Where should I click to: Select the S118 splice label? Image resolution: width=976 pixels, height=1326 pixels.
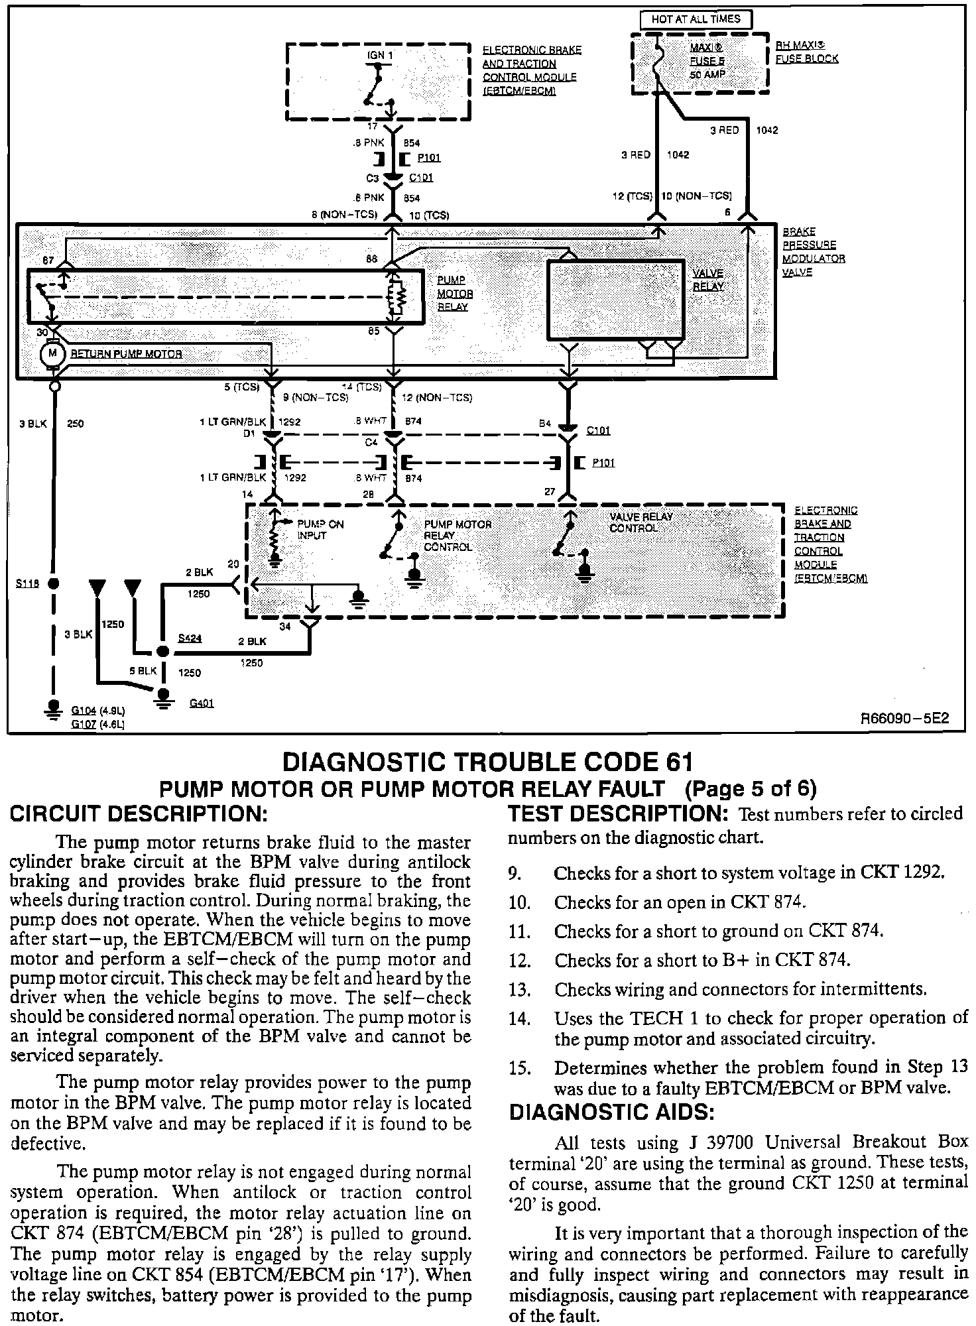pyautogui.click(x=27, y=583)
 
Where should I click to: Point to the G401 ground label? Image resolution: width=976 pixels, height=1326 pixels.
pyautogui.click(x=202, y=703)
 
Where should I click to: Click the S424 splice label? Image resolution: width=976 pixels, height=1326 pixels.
pyautogui.click(x=190, y=638)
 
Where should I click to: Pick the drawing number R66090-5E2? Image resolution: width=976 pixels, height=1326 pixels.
pyautogui.click(x=904, y=719)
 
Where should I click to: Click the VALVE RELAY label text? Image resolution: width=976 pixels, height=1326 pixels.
pyautogui.click(x=708, y=280)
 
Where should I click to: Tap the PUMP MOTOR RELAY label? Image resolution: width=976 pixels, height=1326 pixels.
pyautogui.click(x=455, y=294)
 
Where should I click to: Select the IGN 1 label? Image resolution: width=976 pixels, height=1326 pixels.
pyautogui.click(x=380, y=55)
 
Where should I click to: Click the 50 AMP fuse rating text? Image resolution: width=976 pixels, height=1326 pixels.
pyautogui.click(x=707, y=74)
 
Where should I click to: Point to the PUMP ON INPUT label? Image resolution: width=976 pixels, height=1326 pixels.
pyautogui.click(x=320, y=530)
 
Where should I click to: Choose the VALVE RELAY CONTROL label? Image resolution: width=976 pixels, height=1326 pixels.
pyautogui.click(x=640, y=522)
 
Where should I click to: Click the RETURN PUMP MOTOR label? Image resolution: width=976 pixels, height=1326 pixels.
pyautogui.click(x=126, y=354)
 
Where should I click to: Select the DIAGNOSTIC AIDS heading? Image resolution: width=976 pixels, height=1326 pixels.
pyautogui.click(x=611, y=1112)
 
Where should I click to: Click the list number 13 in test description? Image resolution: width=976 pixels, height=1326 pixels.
pyautogui.click(x=521, y=990)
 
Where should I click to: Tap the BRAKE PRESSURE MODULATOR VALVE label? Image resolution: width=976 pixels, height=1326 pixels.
pyautogui.click(x=814, y=252)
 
